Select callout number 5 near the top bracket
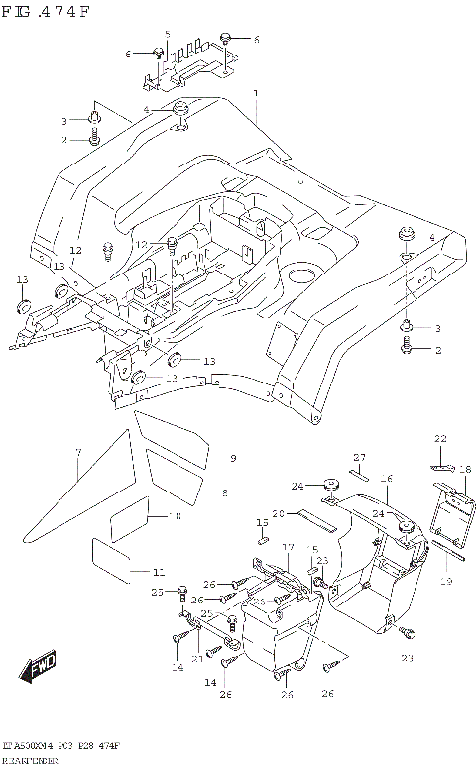point(168,34)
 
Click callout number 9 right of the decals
point(233,458)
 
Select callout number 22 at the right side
point(441,438)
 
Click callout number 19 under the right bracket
point(445,582)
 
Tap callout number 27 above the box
point(361,457)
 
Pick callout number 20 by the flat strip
point(280,513)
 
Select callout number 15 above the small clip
point(262,522)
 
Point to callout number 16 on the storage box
point(388,478)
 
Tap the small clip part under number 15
point(264,540)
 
